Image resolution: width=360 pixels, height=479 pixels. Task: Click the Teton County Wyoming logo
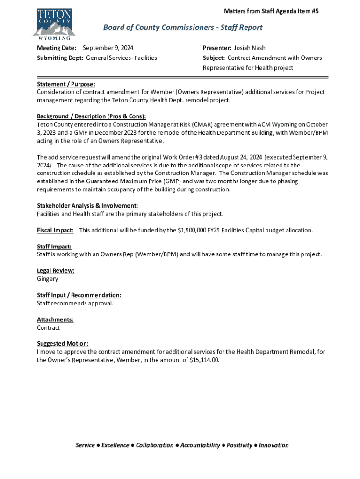54,24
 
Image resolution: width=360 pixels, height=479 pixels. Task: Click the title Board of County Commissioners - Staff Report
183,28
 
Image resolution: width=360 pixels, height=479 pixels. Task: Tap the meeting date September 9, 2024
111,48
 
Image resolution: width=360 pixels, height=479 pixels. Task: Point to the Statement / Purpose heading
66,84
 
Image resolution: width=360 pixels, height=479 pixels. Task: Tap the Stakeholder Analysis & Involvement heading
87,206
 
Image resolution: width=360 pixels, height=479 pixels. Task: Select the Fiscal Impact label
55,230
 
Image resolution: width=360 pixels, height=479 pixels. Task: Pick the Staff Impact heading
54,247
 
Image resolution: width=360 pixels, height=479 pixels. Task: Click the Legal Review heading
56,271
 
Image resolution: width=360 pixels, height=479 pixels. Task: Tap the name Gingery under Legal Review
48,279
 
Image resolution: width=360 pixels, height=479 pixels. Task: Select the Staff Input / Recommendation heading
79,295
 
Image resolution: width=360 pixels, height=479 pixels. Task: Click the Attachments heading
55,319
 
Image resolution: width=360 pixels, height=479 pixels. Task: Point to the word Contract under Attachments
48,328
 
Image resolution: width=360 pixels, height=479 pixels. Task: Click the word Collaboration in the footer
155,445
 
